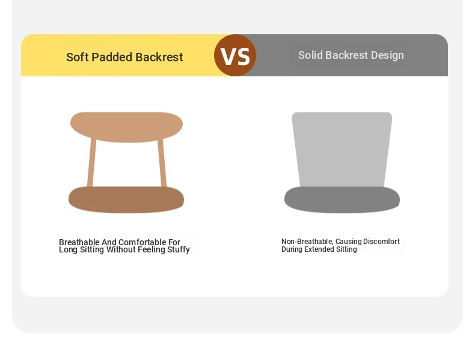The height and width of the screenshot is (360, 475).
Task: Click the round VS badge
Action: point(235,55)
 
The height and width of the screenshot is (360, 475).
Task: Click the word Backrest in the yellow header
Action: point(159,57)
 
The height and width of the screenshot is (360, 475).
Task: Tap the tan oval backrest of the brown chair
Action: point(126,127)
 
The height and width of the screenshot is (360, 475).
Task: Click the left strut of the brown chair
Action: point(91,163)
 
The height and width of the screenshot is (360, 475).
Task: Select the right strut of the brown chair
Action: point(162,163)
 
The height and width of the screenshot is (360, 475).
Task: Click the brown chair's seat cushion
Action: point(126,200)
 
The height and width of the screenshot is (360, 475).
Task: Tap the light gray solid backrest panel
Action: point(342,150)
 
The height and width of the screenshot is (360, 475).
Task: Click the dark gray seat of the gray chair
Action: point(342,200)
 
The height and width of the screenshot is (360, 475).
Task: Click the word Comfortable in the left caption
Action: point(142,242)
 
